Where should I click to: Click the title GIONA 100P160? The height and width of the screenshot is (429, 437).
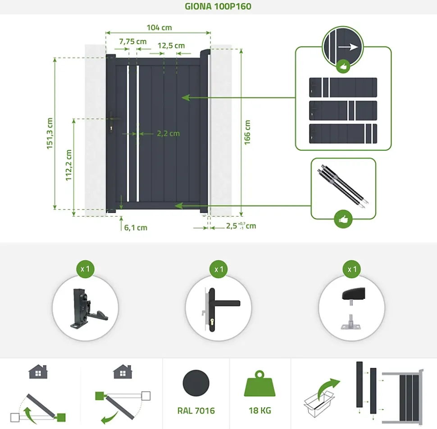pos(218,6)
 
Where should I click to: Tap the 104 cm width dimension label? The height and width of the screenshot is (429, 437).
pos(159,27)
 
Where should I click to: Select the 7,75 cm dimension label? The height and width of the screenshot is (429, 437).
pos(132,41)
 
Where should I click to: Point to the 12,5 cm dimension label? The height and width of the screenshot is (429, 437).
pos(171,45)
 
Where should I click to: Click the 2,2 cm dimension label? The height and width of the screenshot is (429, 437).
pos(168,134)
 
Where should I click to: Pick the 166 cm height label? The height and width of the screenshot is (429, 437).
pos(247,132)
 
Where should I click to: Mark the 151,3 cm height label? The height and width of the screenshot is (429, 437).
pos(50,133)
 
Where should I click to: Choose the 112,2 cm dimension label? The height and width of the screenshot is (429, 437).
pos(68,165)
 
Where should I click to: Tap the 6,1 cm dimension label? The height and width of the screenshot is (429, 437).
pos(136,228)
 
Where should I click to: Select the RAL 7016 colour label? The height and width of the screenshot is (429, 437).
pos(196,411)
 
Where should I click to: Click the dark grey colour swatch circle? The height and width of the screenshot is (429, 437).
pos(196,383)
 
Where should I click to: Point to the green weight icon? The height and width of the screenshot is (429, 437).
pos(259,384)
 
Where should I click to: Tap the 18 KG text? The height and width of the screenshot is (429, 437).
pos(260,411)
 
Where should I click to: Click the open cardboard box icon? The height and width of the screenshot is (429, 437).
pos(319,403)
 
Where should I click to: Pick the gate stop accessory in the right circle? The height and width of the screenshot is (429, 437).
pos(353,308)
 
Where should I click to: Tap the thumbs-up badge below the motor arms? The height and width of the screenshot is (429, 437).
pos(343,219)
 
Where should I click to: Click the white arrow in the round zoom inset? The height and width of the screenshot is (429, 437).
pos(348,47)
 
